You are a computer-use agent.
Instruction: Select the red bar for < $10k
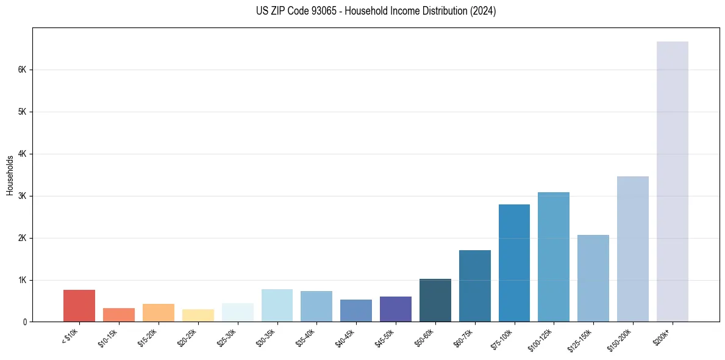click(x=79, y=306)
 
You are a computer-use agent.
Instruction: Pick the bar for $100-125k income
click(x=554, y=257)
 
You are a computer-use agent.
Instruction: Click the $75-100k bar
click(x=514, y=263)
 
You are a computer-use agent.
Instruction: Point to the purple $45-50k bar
click(x=396, y=309)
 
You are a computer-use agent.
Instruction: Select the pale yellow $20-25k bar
click(x=198, y=315)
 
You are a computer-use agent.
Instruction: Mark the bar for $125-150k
click(x=593, y=278)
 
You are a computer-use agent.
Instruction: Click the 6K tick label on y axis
click(x=22, y=70)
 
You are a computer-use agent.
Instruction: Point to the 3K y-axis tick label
click(x=22, y=196)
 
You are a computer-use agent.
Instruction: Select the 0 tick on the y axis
click(x=24, y=322)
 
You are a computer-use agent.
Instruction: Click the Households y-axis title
click(x=10, y=175)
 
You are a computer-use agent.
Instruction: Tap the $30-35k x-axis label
click(x=266, y=336)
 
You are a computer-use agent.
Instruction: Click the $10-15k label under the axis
click(x=107, y=336)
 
